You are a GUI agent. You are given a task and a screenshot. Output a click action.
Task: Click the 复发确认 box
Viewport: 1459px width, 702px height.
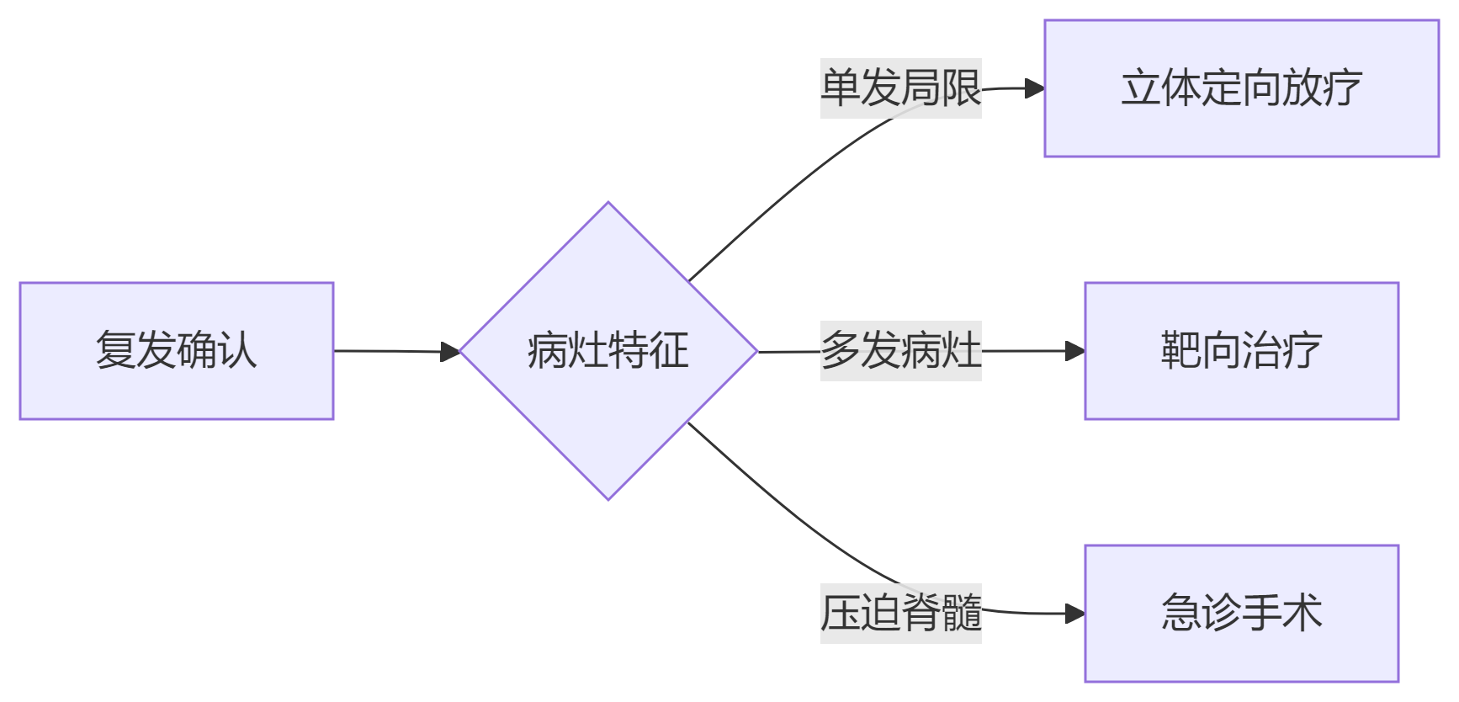pos(177,351)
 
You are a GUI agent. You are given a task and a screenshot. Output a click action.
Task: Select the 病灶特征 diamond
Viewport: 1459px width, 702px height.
pos(608,351)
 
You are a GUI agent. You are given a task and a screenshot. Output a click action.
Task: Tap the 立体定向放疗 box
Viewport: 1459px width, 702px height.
pos(1241,88)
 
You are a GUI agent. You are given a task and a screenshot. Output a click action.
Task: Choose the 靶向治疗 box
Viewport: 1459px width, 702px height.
pos(1241,351)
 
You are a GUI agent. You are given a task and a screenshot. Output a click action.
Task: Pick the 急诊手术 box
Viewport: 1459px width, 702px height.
pos(1241,614)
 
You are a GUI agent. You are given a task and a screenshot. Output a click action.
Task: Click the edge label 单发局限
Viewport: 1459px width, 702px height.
pos(900,88)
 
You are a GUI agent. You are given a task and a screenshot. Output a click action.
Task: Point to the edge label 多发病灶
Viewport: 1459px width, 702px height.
pos(900,351)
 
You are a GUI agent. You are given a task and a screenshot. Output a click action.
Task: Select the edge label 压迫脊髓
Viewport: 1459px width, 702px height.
pos(900,614)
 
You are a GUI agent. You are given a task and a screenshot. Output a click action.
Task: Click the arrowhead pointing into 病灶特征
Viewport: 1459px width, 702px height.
pos(452,352)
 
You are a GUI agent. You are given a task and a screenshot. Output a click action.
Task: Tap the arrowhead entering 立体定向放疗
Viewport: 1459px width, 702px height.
pos(1035,88)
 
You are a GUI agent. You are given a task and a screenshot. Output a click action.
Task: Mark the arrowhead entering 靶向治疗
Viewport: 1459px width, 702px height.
pos(1075,351)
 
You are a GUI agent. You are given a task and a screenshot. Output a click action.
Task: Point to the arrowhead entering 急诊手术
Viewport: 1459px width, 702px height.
pos(1075,614)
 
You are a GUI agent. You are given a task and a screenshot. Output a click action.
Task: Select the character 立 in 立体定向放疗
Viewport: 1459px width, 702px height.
pos(1141,88)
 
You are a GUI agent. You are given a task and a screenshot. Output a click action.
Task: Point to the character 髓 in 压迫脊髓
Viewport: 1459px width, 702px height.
pos(962,614)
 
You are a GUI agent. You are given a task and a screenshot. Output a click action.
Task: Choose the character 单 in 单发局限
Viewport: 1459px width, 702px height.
pos(841,88)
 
